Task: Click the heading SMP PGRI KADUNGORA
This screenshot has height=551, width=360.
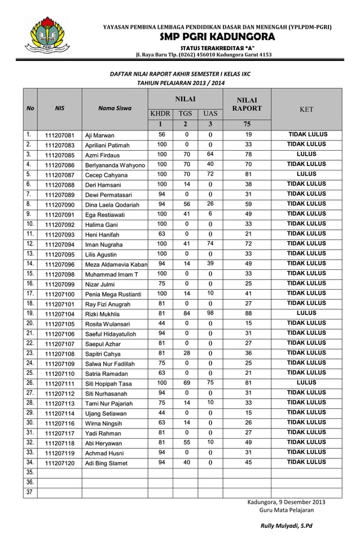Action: [217, 37]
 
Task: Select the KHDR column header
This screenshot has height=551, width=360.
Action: [160, 113]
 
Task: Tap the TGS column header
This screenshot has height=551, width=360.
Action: [185, 113]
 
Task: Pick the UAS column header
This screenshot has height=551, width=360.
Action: [210, 113]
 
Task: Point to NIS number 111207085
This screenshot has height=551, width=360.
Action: [59, 155]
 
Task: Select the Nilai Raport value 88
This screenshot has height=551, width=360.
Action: [248, 313]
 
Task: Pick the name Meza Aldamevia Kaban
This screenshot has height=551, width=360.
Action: [116, 264]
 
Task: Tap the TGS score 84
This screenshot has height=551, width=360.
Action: [186, 313]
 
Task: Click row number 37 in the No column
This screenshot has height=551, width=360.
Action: [29, 493]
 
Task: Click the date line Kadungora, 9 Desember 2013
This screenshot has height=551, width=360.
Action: [286, 502]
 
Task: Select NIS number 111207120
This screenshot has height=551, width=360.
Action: [59, 463]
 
